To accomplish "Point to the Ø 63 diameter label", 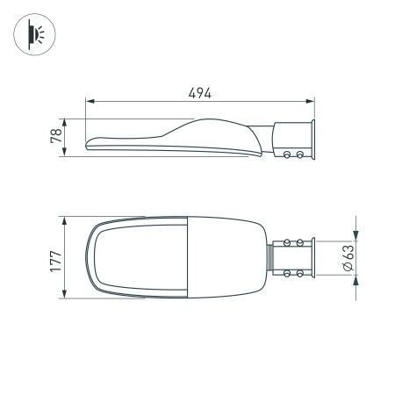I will (x=348, y=256).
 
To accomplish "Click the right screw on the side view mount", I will (x=301, y=154).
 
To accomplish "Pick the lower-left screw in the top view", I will (x=288, y=274).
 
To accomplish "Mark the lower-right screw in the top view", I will (x=301, y=274).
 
